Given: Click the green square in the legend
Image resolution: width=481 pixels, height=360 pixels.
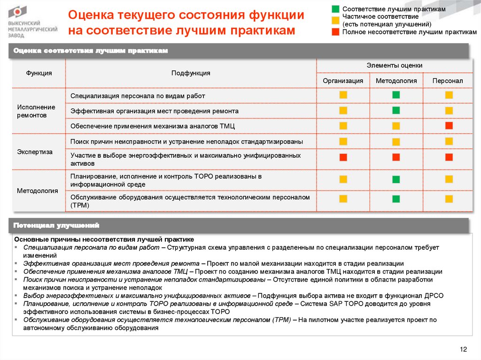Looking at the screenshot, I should pos(335,9).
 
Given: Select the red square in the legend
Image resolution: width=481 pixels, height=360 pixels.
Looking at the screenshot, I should pos(335,32).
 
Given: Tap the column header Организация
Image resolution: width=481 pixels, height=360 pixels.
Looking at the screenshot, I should pos(343,81).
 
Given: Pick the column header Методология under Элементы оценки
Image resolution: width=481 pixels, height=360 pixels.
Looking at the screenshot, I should pos(396,81).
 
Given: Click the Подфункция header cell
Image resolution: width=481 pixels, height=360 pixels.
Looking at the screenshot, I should pos(191,73).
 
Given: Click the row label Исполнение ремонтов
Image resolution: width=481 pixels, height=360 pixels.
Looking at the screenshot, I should pos(36,111).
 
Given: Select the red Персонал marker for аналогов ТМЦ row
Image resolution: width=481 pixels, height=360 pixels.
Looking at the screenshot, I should pos(449,125).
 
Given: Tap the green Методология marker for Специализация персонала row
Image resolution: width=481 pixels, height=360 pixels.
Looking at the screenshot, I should pos(396,95).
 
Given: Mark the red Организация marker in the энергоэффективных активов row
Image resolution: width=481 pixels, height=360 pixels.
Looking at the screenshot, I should pos(343,157).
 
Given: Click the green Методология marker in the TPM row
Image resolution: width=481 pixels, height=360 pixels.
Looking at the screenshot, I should pos(396,199).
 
